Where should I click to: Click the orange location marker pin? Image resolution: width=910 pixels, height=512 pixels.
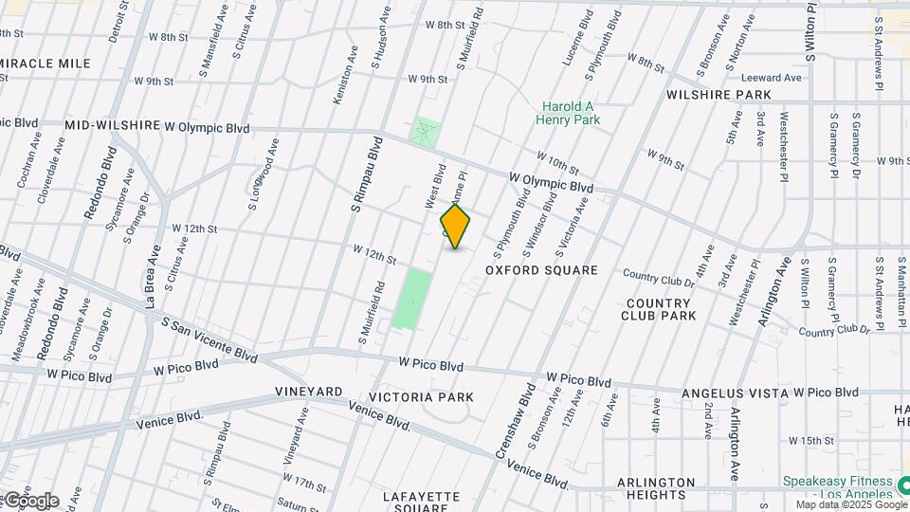point(456,228)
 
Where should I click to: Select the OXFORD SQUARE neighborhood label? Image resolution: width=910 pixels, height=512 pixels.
point(541,270)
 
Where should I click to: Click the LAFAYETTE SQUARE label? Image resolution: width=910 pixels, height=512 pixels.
point(421,502)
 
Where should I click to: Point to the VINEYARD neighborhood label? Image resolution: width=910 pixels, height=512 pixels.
point(309,392)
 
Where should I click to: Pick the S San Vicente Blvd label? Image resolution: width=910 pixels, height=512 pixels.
point(209,339)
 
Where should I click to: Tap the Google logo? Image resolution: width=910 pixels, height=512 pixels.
point(30,501)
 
